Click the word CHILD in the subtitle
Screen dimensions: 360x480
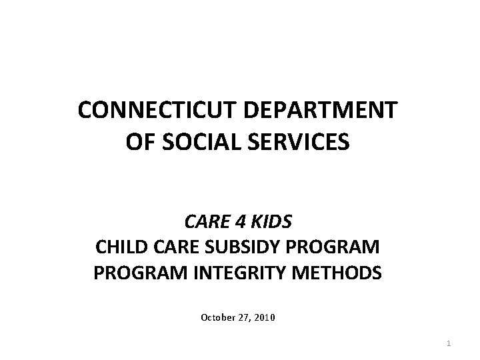119,248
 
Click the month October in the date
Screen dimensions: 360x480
217,318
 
